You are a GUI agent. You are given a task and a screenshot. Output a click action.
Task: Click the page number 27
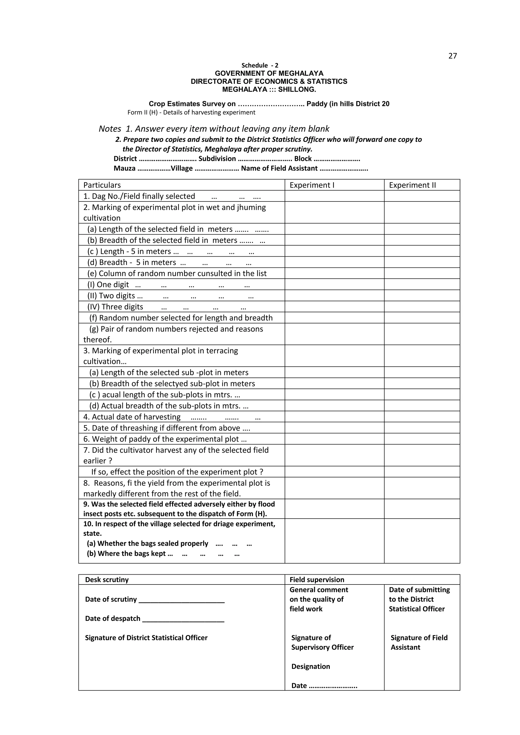pos(452,56)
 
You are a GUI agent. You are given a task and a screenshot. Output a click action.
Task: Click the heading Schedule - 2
pos(260,65)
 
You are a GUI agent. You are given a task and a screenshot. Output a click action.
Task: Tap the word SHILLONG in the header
pos(297,89)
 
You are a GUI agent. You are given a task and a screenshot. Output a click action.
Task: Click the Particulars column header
pos(102,185)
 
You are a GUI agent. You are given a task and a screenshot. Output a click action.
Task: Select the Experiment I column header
pos(312,185)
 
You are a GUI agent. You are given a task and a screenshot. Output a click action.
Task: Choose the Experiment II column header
pos(412,185)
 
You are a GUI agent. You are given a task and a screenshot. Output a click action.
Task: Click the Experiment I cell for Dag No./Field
pos(334,196)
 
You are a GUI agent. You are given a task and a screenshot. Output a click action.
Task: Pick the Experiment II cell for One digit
pos(422,284)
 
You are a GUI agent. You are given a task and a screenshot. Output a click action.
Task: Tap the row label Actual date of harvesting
pos(136,417)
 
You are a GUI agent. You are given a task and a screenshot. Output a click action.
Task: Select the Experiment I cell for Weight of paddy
pos(334,439)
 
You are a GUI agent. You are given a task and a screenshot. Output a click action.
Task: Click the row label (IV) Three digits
pos(115,307)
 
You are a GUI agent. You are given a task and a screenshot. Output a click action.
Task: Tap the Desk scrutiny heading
pos(107,580)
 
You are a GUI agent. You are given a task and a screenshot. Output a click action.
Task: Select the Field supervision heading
pos(317,580)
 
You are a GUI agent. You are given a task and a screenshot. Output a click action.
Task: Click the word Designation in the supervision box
pos(311,666)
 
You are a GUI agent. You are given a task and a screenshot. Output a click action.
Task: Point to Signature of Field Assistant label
pos(418,642)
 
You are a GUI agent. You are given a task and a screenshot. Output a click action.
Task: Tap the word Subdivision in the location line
pos(217,159)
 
